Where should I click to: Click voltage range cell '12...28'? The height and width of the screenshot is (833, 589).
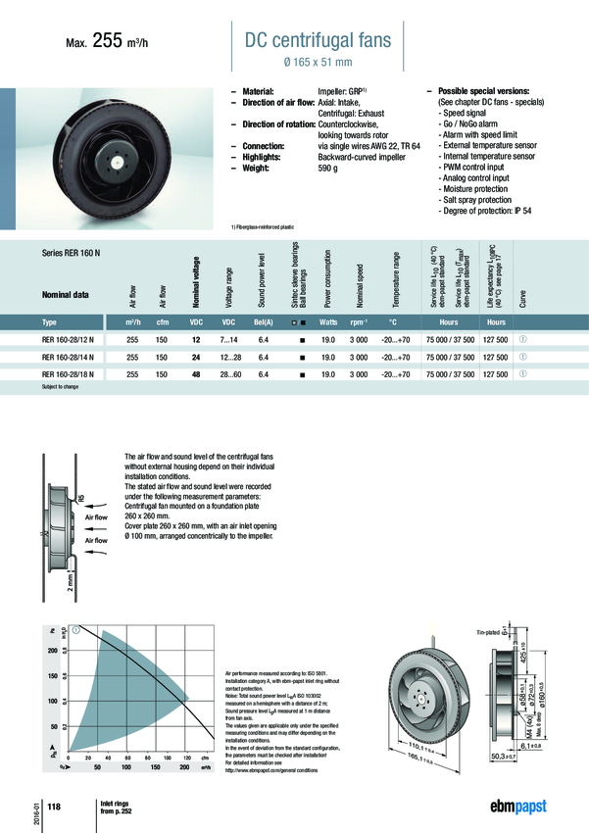coord(229,357)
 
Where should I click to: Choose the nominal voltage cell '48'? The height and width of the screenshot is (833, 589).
coord(195,374)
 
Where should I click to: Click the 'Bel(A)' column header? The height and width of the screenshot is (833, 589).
coord(264,321)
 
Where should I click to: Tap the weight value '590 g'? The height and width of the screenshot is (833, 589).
coord(333,167)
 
